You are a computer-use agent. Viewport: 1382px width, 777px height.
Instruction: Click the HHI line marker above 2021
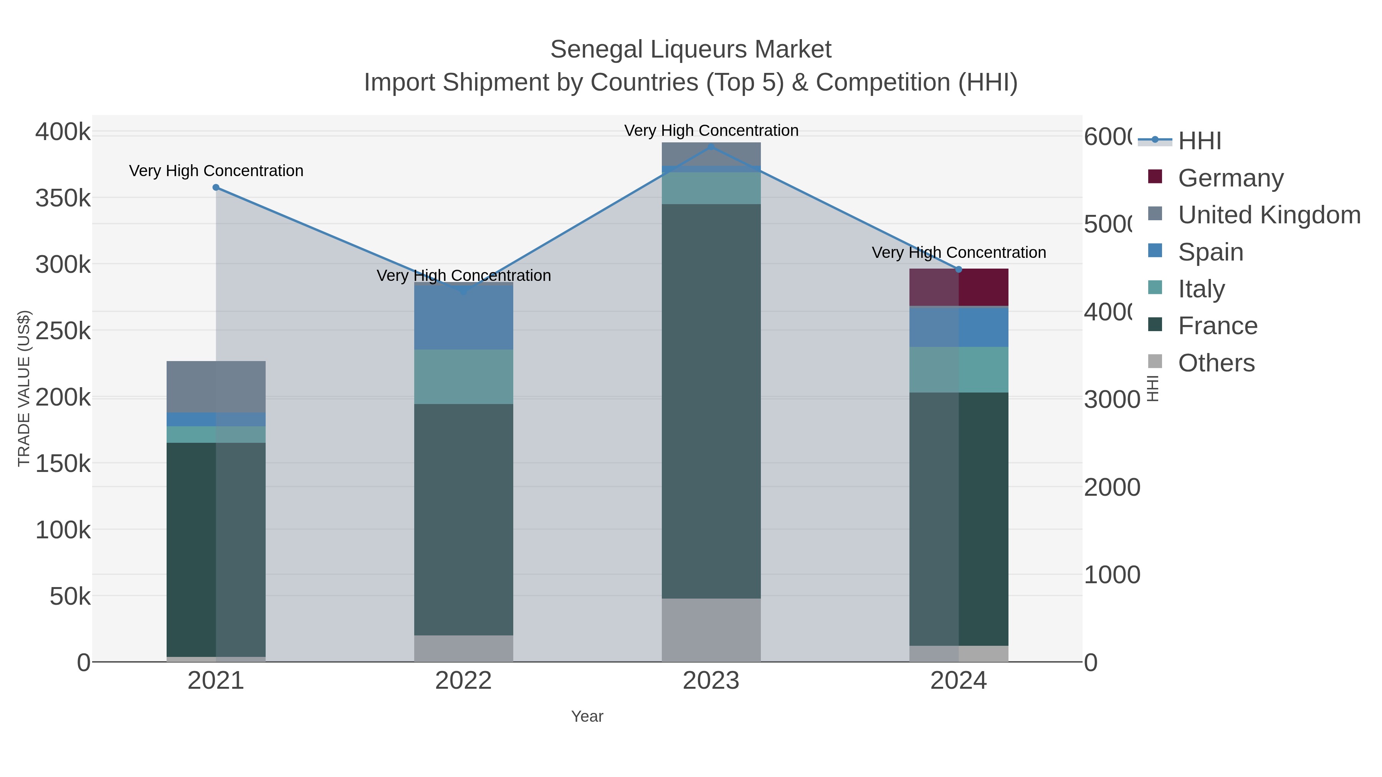[x=216, y=187]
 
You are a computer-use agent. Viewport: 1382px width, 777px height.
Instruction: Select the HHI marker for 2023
[x=711, y=147]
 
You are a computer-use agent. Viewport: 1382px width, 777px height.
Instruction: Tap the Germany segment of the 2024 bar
[x=958, y=287]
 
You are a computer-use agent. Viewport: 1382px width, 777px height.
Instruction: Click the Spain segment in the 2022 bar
[x=463, y=317]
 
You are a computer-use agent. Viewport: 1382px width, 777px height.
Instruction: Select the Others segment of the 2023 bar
[x=711, y=630]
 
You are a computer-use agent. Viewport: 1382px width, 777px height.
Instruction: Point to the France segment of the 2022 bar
[x=463, y=519]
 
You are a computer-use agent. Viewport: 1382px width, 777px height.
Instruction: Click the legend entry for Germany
[x=1230, y=178]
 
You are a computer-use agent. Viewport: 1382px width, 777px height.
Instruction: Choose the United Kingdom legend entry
[x=1269, y=214]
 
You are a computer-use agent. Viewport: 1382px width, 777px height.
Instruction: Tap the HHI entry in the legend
[x=1200, y=140]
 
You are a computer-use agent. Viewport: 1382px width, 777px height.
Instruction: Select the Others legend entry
[x=1216, y=363]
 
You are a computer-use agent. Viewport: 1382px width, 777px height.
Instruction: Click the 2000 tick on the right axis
[x=1112, y=487]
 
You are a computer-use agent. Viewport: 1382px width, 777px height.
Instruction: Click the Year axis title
[x=587, y=716]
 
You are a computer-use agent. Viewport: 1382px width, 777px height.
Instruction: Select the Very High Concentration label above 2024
[x=958, y=252]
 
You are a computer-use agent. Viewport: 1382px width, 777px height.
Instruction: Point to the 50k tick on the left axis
[x=70, y=596]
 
